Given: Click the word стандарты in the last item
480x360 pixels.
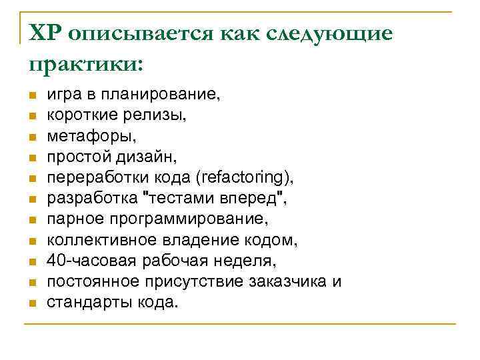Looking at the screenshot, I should (88, 302).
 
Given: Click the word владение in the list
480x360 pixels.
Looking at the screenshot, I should (180, 240).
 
